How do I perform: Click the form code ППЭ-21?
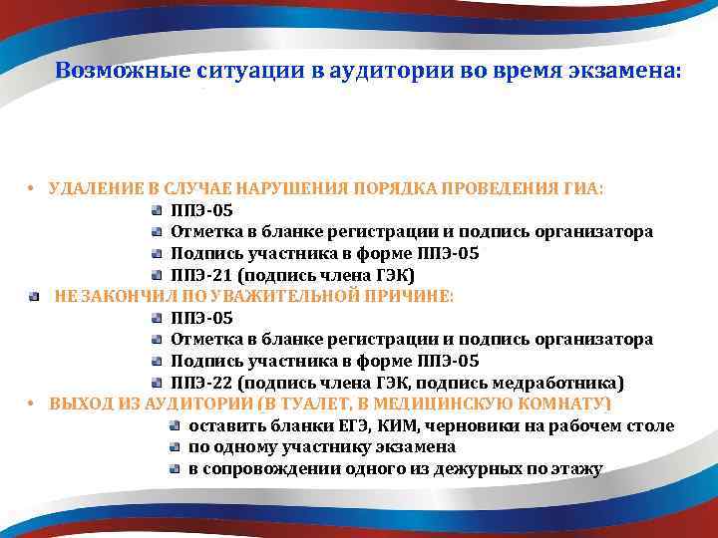[201, 275]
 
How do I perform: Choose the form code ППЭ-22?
[201, 383]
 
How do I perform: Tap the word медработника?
[563, 383]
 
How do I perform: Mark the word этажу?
[575, 469]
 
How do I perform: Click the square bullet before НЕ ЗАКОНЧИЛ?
[34, 297]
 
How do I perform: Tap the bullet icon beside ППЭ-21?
[158, 275]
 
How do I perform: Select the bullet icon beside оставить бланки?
[175, 426]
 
